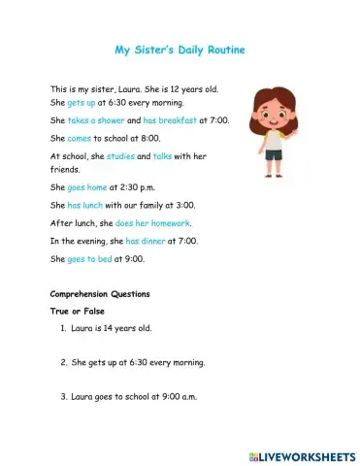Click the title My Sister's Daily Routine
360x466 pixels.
click(x=180, y=49)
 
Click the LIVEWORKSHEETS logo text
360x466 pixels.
click(x=305, y=454)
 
